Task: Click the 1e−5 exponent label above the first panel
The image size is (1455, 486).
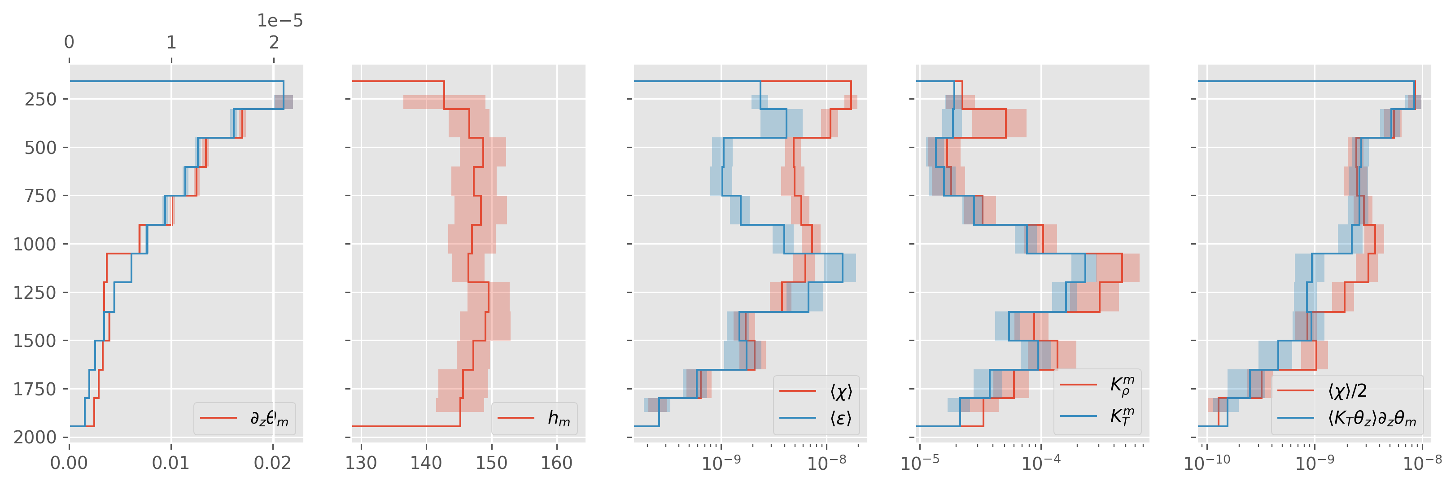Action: point(280,21)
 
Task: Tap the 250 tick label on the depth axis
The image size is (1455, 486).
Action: point(41,100)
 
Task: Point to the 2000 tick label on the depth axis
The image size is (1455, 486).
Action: point(35,437)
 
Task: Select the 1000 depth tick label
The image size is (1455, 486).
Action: point(35,244)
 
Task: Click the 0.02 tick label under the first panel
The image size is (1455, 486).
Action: point(273,464)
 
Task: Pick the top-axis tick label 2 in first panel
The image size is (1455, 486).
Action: point(274,42)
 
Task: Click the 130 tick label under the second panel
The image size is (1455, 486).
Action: point(361,464)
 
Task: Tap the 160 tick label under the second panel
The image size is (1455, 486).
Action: point(557,464)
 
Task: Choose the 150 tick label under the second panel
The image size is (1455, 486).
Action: point(491,464)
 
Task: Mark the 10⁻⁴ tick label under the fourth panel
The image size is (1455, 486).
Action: point(1041,464)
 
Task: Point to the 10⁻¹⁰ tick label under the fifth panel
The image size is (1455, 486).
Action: point(1207,464)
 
